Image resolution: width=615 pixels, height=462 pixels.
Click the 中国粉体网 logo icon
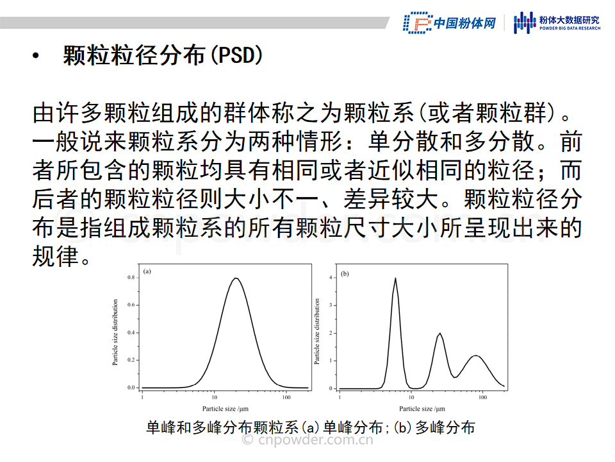pos(418,23)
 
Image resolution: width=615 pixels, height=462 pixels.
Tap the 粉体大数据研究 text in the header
pos(569,20)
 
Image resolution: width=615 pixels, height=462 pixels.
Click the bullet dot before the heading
pos(36,56)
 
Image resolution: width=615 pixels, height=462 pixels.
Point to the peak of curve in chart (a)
pos(236,278)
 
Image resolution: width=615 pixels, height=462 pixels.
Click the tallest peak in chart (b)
pos(395,278)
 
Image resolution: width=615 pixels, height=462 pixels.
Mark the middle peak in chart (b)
pos(439,334)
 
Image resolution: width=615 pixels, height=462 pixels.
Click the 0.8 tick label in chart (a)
pos(131,277)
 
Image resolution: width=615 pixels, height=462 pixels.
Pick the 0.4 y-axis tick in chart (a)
pos(131,333)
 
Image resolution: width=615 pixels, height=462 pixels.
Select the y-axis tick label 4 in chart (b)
pos(331,278)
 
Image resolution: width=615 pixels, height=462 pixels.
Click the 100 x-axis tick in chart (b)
pos(482,397)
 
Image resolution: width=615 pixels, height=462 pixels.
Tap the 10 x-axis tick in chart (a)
pos(214,397)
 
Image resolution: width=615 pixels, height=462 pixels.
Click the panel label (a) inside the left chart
pos(147,271)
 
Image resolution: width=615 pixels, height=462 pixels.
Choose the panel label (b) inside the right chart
pos(345,273)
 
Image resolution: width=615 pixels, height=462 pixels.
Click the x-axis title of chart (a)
pos(225,409)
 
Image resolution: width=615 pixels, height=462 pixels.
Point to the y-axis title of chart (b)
pos(317,331)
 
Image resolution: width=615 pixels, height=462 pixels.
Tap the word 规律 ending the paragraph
pos(56,257)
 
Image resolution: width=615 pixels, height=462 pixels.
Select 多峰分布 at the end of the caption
pos(445,427)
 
